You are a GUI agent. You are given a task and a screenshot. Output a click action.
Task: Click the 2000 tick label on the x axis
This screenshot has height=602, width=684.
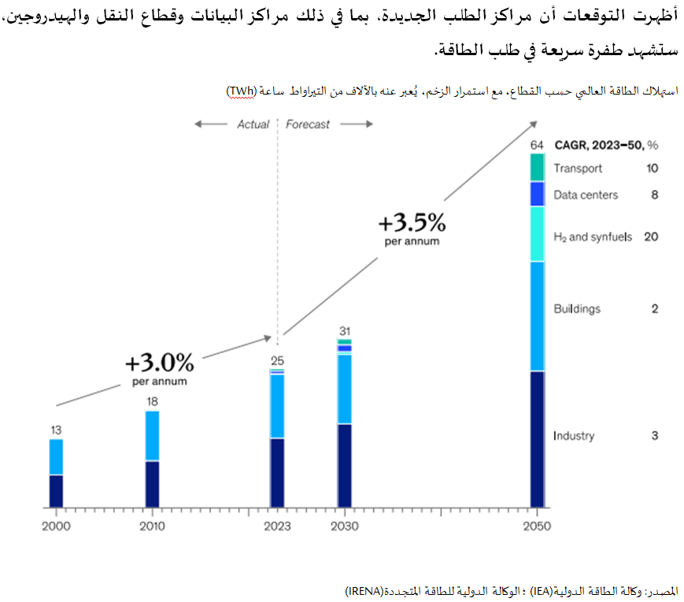point(55,526)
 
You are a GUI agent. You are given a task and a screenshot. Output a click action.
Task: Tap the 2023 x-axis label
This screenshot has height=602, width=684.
point(276,526)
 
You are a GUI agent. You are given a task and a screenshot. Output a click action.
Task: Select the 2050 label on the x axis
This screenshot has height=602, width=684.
point(538,526)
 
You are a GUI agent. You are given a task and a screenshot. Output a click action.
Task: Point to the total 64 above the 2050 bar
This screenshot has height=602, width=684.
point(537,144)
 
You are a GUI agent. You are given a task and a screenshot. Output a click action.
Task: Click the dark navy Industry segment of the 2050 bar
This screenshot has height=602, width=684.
point(537,438)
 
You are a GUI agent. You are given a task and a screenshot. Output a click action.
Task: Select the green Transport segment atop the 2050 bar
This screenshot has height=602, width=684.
point(537,167)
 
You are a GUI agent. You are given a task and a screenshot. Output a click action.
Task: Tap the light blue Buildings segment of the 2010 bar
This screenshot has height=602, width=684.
point(152,435)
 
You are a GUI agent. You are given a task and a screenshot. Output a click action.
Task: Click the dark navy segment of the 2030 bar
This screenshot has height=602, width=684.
point(344,465)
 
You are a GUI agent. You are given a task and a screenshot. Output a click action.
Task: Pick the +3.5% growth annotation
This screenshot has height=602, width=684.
point(412,223)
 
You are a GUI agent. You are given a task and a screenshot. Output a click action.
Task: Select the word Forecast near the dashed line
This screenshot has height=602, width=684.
point(308,124)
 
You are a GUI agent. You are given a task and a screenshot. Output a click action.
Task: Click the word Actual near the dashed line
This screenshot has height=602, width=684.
point(253,124)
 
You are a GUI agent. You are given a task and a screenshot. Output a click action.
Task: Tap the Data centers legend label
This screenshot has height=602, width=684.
point(586,195)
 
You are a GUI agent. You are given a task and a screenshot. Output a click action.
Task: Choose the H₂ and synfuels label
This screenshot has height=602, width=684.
point(593,236)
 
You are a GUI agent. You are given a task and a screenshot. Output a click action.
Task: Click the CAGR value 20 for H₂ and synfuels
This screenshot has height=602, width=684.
point(651,236)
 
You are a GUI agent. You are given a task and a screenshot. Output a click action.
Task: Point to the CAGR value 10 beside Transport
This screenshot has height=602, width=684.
point(652,168)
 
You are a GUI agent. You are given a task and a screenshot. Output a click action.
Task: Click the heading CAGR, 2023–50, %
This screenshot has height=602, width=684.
point(605,145)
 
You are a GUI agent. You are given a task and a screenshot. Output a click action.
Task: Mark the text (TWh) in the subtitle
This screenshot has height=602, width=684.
point(241,91)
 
